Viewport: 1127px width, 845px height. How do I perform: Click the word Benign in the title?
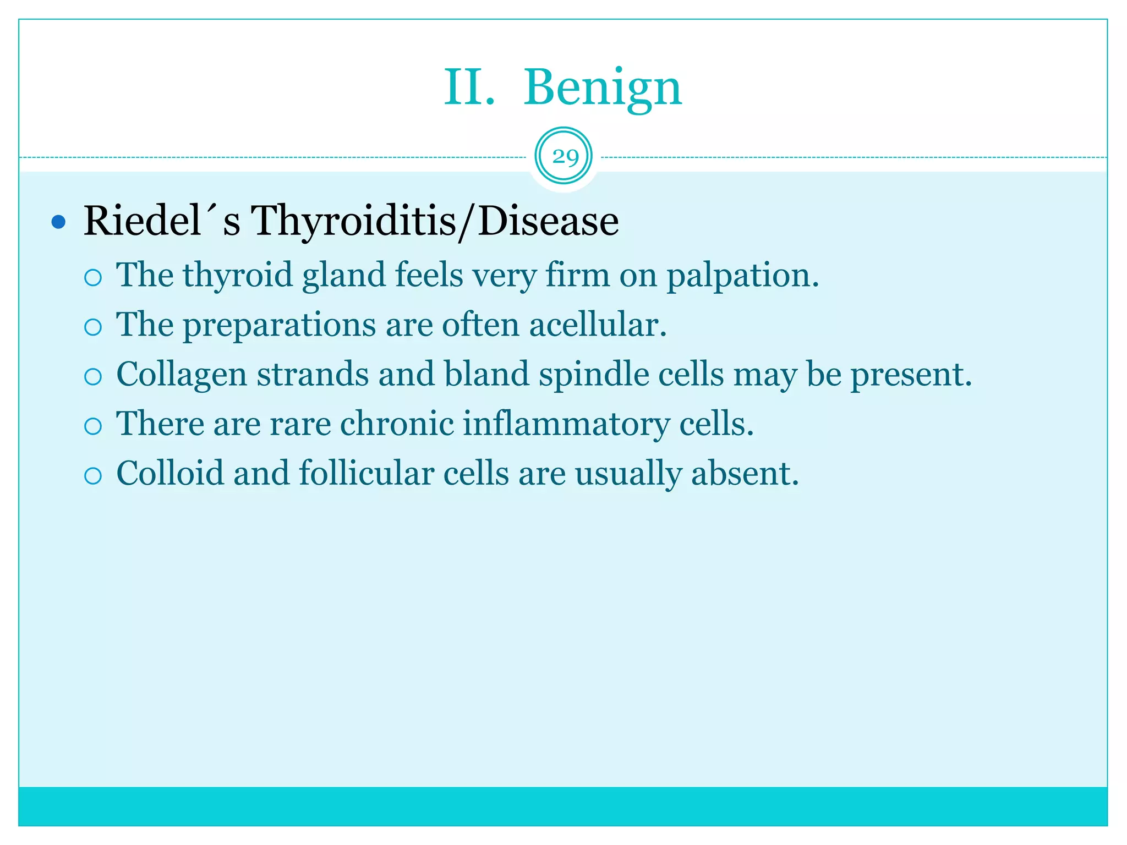(x=603, y=88)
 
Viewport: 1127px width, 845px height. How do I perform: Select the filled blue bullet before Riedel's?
(x=58, y=222)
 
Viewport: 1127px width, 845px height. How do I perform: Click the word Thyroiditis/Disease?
(x=435, y=221)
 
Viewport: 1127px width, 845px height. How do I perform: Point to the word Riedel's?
(x=162, y=221)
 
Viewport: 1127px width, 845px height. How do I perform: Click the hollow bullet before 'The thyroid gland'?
(x=94, y=277)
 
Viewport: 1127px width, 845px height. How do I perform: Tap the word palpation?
(x=743, y=275)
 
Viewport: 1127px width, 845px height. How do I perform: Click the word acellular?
(x=598, y=324)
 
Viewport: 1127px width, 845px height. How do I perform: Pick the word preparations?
(x=280, y=325)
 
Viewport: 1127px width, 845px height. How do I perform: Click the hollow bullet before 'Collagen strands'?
(x=94, y=377)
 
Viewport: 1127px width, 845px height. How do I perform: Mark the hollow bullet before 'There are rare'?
(x=94, y=426)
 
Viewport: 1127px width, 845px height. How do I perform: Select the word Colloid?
(x=171, y=473)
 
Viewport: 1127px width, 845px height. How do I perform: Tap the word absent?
(x=745, y=473)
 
